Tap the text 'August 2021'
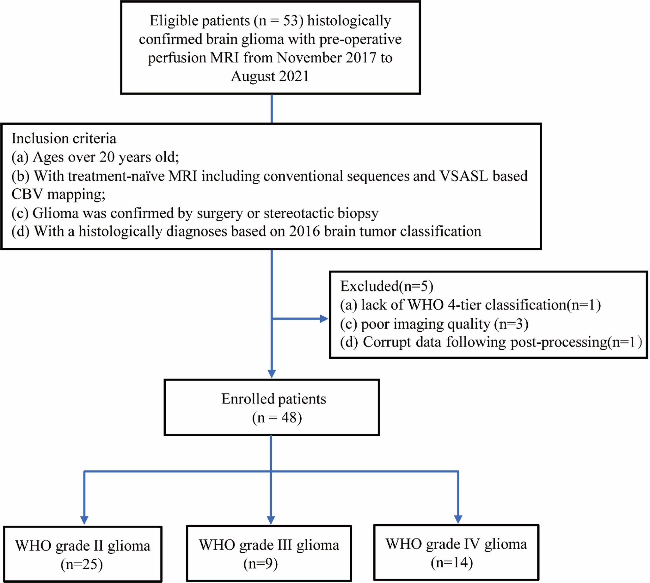270,77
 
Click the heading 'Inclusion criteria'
64,138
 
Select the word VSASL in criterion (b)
463,176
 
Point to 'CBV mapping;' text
58,194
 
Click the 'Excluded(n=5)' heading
386,286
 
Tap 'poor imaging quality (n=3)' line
434,324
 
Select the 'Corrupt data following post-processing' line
491,342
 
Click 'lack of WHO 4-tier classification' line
470,305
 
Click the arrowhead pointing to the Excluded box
324,319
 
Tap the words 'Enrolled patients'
273,399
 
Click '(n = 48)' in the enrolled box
277,418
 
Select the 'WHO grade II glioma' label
83,546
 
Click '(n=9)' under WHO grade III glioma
261,564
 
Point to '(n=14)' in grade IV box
451,563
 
